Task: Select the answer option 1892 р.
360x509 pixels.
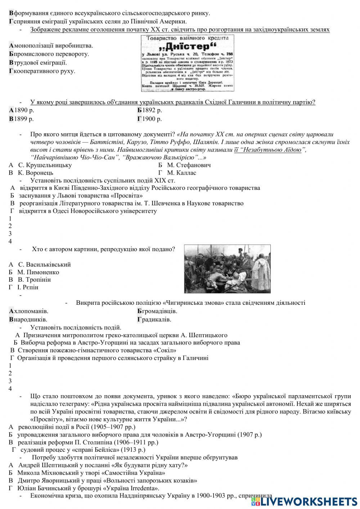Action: point(152,110)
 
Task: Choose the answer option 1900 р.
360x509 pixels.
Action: point(152,119)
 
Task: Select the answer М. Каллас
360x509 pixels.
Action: point(181,173)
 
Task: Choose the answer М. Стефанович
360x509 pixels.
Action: point(189,165)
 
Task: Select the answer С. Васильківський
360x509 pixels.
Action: point(44,264)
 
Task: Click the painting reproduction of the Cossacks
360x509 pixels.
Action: point(227,267)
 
